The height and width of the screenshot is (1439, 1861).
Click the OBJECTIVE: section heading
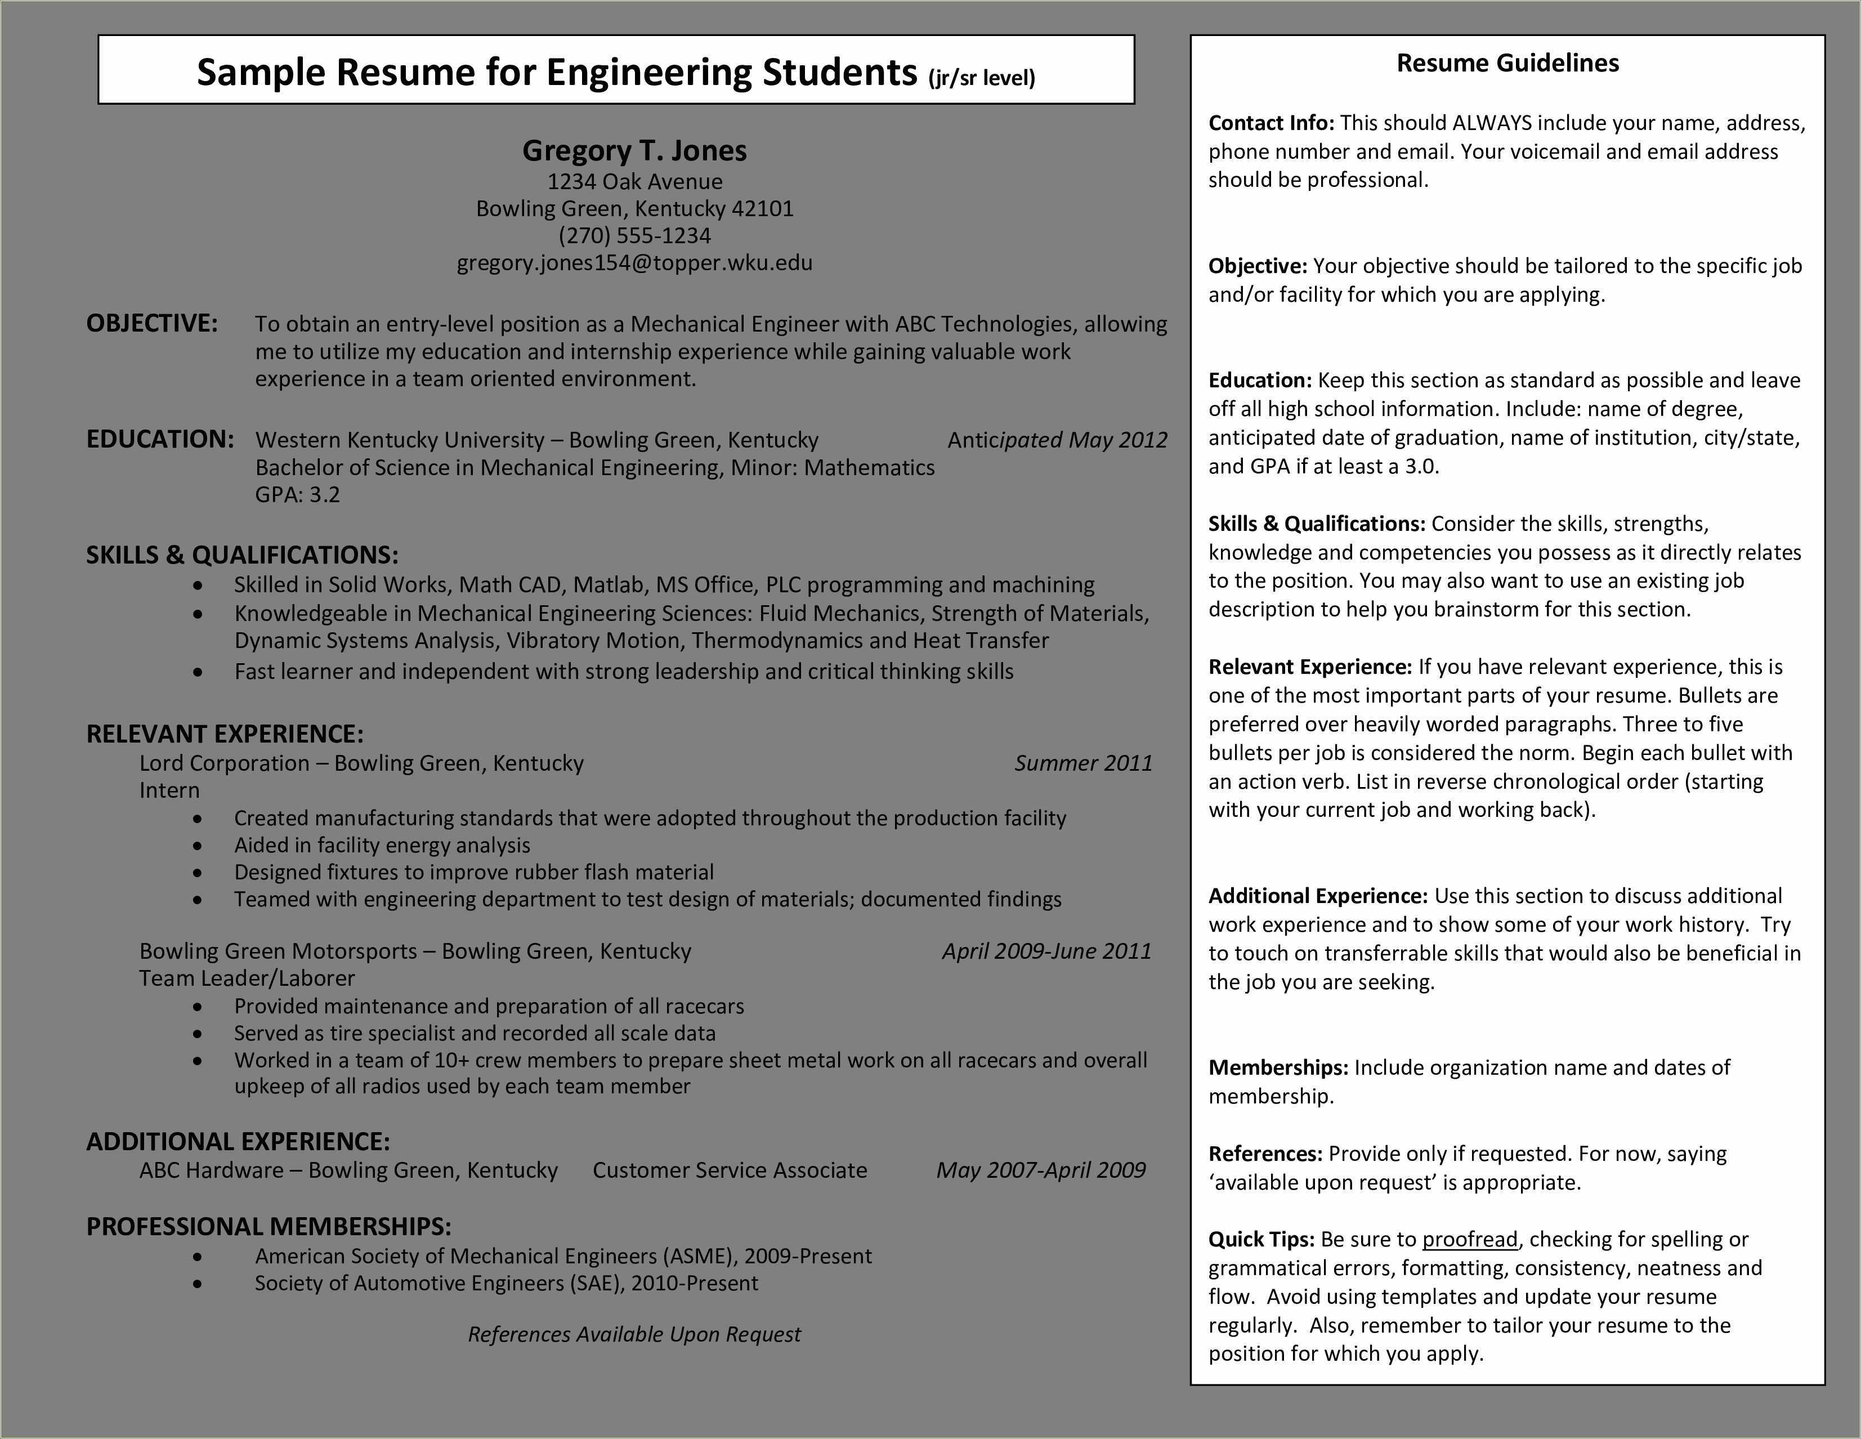point(151,323)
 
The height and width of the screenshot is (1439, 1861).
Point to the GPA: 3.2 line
point(297,494)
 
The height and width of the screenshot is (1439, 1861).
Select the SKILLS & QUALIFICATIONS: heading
point(242,555)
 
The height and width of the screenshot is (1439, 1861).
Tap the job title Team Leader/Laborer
point(247,978)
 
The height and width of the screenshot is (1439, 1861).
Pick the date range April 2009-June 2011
point(1046,951)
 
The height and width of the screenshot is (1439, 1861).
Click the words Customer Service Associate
point(730,1170)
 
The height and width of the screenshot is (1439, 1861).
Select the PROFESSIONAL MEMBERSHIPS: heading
point(269,1226)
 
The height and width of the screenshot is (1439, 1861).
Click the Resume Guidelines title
point(1507,63)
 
